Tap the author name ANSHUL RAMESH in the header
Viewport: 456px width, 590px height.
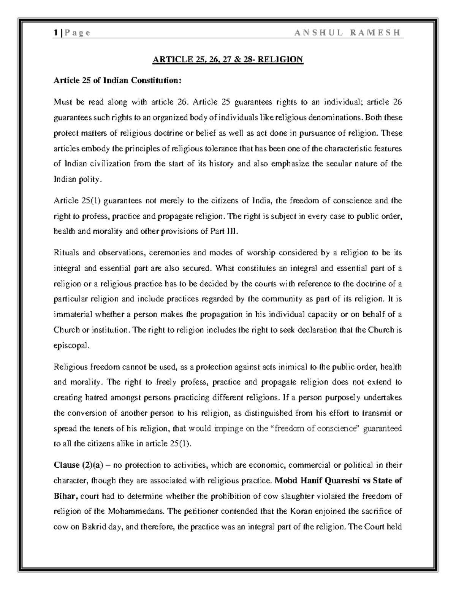tap(347, 33)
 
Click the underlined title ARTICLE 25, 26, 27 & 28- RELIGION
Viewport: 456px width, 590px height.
tap(228, 60)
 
